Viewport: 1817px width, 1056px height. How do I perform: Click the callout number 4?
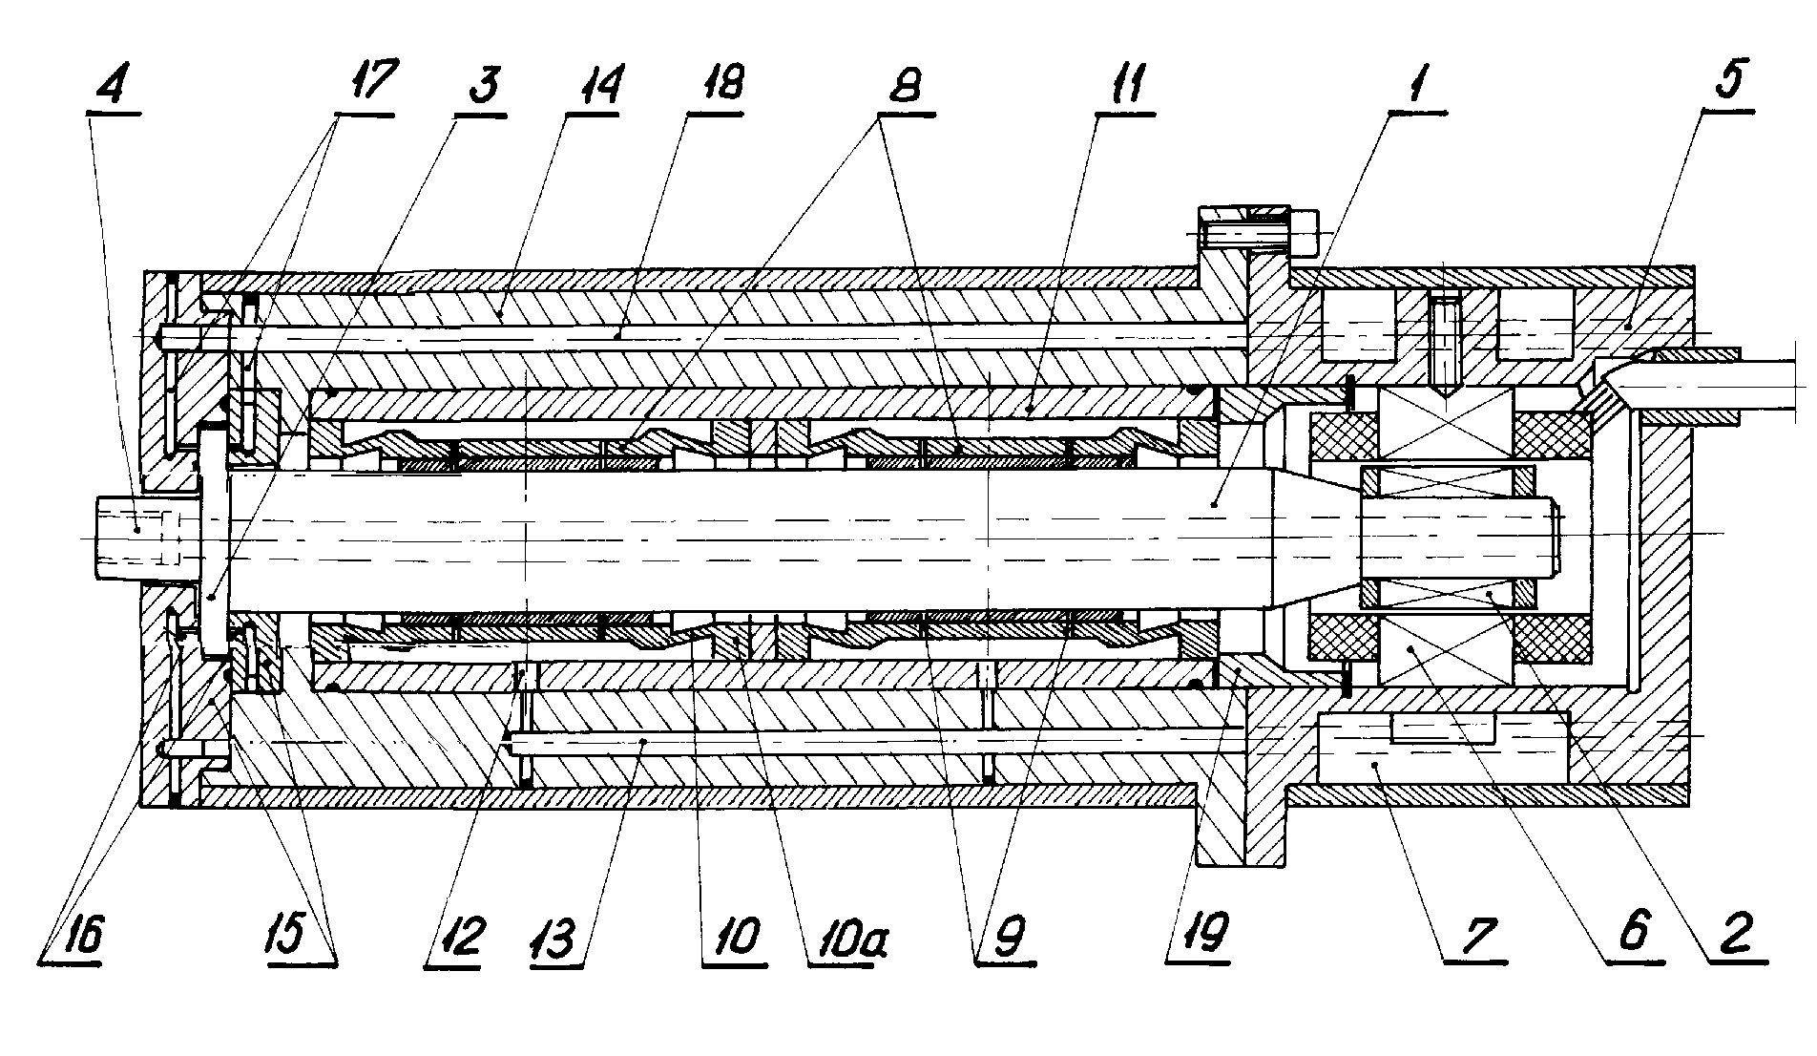113,87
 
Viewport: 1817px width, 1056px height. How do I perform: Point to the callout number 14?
594,87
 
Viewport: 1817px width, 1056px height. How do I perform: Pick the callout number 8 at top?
905,87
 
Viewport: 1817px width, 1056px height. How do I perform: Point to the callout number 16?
76,934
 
